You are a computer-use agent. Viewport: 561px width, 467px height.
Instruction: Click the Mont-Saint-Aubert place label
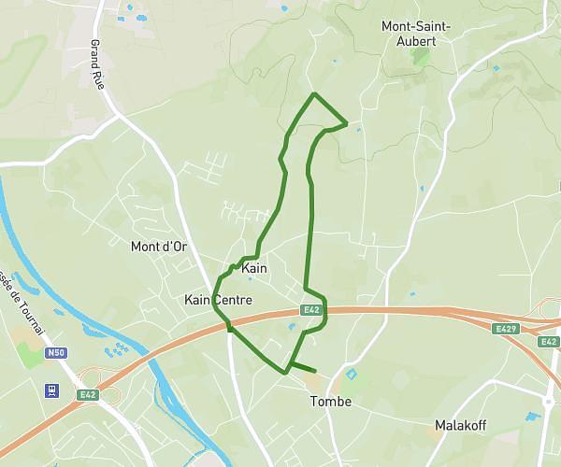(x=416, y=34)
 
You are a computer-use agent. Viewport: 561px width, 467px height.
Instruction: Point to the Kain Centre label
(x=218, y=300)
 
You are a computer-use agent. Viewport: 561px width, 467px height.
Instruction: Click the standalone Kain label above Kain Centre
(x=254, y=269)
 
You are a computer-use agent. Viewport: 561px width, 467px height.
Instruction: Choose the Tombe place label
(x=330, y=402)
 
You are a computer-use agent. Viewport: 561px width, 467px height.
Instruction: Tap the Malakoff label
(x=459, y=426)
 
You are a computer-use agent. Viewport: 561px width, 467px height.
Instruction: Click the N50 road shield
(x=57, y=353)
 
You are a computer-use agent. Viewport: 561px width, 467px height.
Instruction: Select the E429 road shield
(x=507, y=329)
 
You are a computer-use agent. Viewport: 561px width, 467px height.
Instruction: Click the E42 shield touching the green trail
(x=311, y=310)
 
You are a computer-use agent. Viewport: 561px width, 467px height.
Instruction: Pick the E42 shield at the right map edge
(x=549, y=342)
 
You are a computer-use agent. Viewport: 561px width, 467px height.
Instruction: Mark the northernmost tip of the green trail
(x=314, y=94)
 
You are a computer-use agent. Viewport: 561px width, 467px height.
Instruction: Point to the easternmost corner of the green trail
(x=347, y=122)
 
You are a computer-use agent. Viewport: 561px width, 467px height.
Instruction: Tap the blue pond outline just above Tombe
(x=352, y=375)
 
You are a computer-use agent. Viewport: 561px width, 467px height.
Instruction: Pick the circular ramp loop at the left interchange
(x=108, y=396)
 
